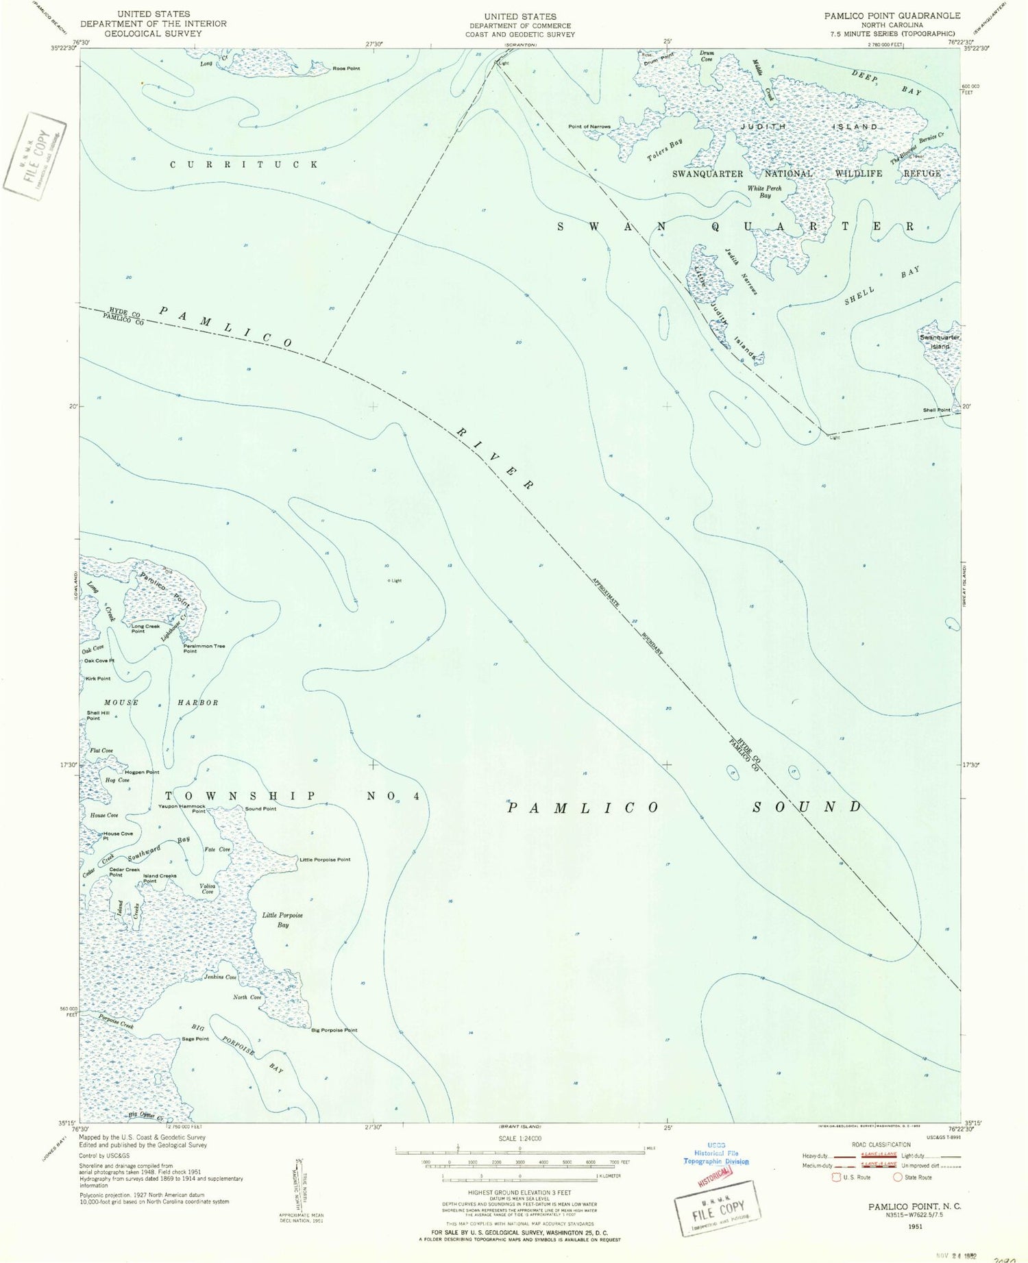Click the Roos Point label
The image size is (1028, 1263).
coord(346,68)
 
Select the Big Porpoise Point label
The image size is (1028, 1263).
coord(334,1030)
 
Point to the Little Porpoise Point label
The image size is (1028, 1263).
coord(325,860)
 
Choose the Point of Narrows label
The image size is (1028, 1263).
coord(589,127)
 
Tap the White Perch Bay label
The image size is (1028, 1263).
coord(764,192)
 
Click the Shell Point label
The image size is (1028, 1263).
coord(936,410)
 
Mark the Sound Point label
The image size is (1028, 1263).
coord(260,809)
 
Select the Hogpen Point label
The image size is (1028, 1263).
coord(142,772)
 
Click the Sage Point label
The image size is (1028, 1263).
coord(195,1039)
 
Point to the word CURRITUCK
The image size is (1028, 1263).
coord(244,164)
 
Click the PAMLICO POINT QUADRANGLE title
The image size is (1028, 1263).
coord(892,16)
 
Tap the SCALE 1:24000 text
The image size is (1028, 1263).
coord(520,1138)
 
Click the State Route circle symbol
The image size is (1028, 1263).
coord(897,1177)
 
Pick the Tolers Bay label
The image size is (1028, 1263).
coord(665,151)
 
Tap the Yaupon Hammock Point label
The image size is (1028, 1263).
coord(182,809)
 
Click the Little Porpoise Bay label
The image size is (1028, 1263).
coord(282,920)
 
